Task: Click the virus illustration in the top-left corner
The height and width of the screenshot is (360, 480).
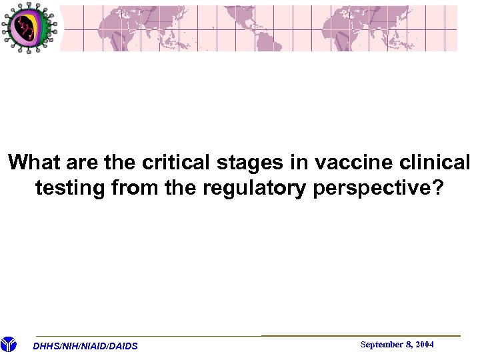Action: [x=28, y=28]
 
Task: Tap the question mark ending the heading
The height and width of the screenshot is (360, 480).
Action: [x=437, y=189]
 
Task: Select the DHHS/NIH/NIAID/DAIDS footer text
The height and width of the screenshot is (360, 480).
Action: [x=85, y=346]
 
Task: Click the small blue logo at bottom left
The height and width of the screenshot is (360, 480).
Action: [x=9, y=345]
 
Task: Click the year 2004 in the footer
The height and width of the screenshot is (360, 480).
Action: [x=424, y=345]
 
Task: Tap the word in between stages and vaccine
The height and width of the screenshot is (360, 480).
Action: [x=297, y=163]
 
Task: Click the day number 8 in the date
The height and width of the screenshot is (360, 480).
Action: [x=409, y=345]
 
